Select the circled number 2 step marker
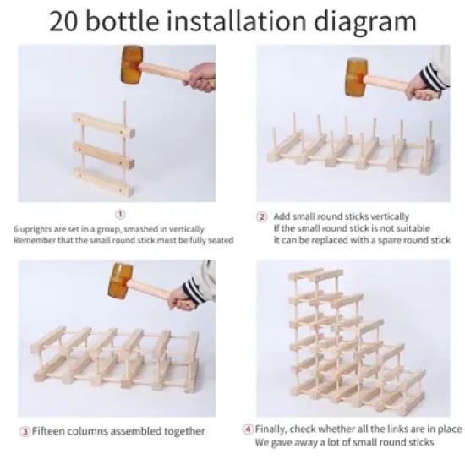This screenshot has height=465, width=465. click(262, 216)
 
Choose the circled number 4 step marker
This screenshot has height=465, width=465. click(247, 429)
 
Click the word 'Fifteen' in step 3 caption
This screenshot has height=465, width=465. click(52, 431)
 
